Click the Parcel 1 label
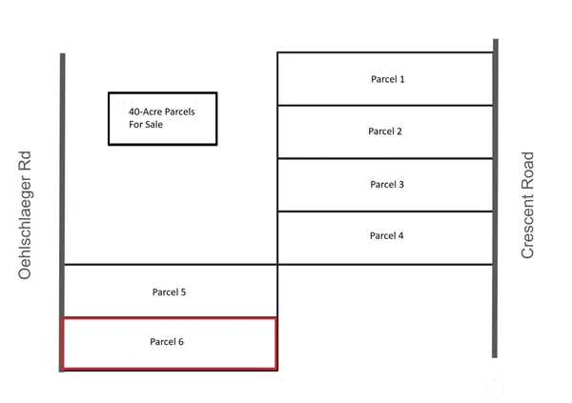(387, 78)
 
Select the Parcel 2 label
(385, 131)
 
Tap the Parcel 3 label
(387, 183)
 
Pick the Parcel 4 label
(386, 234)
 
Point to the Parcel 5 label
(169, 292)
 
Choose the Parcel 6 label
(167, 340)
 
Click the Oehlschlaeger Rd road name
(26, 214)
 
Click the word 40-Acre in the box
(145, 111)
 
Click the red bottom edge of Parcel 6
(169, 367)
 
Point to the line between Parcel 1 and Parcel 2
(385, 105)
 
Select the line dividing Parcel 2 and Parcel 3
(385, 158)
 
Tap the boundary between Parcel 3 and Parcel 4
(385, 212)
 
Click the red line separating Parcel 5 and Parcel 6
(169, 318)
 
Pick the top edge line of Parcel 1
(385, 52)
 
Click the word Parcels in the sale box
(179, 111)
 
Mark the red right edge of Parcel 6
(276, 343)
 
